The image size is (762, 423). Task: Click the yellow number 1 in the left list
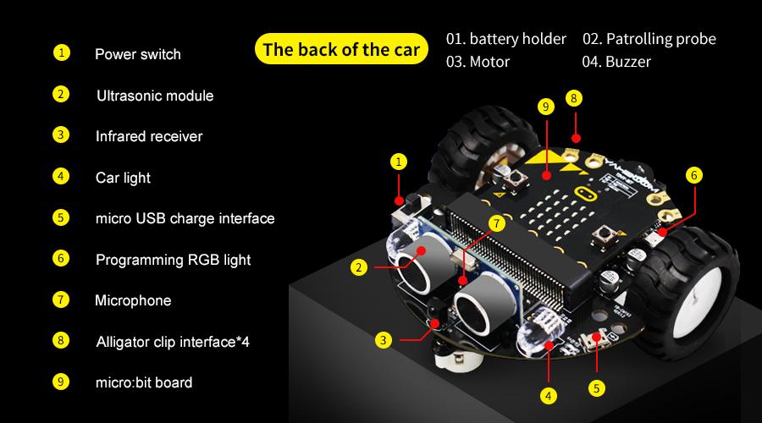point(61,53)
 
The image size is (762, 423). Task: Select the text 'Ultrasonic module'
point(154,96)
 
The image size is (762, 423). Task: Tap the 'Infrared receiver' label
point(148,135)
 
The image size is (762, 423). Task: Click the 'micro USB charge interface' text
point(185,218)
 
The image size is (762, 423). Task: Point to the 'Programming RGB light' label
point(173,260)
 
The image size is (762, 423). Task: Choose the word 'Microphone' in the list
point(133,300)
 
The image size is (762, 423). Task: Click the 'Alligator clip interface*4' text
point(172,342)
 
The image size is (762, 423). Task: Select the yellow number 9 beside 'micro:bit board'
point(61,382)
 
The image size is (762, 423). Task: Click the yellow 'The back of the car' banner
point(341,49)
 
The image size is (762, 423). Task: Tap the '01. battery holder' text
point(506,39)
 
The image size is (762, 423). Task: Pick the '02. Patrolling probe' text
point(649,39)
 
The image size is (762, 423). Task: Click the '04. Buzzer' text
point(617,62)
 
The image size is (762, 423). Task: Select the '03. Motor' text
point(478,62)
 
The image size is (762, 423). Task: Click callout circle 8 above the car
point(574,98)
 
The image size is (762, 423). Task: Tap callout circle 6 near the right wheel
point(694,175)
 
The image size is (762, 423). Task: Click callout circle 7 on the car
point(497,223)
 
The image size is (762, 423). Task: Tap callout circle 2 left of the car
point(360,267)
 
